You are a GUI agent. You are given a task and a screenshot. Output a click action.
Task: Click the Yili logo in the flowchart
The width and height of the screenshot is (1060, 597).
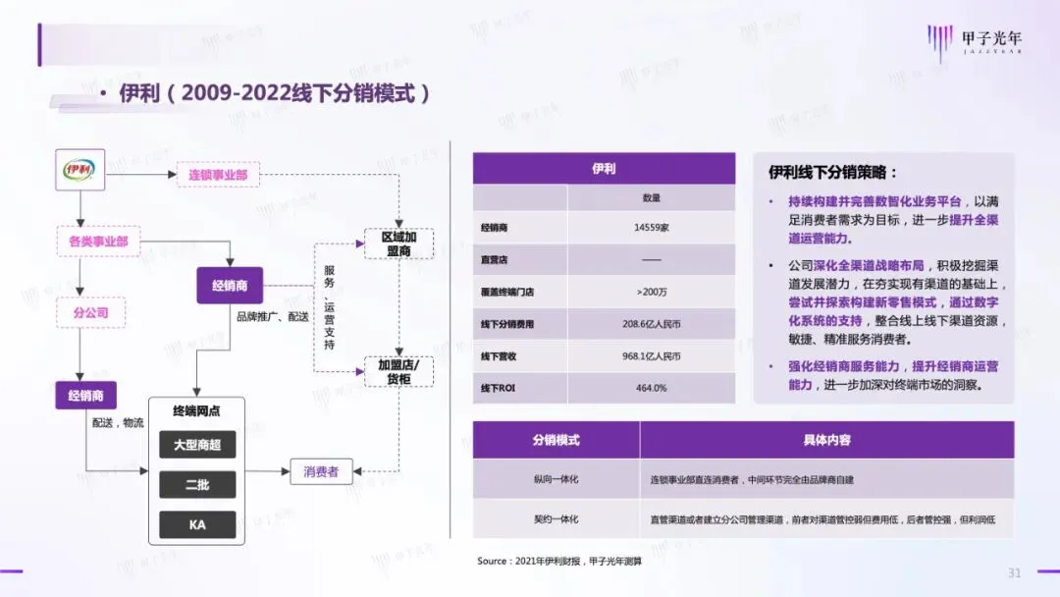pyautogui.click(x=80, y=169)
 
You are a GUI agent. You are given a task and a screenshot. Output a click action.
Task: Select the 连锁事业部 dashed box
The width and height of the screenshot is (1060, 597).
pyautogui.click(x=217, y=175)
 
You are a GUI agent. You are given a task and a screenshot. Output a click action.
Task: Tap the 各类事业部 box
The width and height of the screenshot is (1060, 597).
pyautogui.click(x=98, y=240)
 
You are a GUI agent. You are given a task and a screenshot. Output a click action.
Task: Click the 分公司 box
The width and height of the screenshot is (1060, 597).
pyautogui.click(x=90, y=312)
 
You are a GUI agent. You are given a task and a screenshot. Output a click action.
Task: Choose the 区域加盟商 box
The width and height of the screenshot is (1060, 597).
pyautogui.click(x=398, y=244)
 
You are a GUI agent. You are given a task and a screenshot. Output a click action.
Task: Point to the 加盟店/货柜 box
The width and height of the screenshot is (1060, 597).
pyautogui.click(x=398, y=370)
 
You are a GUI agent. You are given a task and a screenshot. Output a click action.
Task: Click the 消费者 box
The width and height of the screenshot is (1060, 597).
pyautogui.click(x=320, y=472)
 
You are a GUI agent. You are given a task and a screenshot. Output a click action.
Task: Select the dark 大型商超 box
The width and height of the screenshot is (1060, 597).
pyautogui.click(x=197, y=445)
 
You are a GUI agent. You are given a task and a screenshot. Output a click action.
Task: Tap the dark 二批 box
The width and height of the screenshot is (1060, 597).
pyautogui.click(x=197, y=485)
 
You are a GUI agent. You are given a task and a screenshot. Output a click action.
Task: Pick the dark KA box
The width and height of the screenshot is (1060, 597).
pyautogui.click(x=197, y=524)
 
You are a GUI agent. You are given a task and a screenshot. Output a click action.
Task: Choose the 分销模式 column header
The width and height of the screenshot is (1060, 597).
pyautogui.click(x=556, y=440)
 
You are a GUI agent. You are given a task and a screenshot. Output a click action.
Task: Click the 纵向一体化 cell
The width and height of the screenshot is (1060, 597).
pyautogui.click(x=556, y=479)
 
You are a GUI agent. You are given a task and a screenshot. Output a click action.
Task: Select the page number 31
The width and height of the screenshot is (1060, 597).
pyautogui.click(x=1015, y=572)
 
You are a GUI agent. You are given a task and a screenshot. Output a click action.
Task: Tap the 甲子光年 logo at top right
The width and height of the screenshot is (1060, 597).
pyautogui.click(x=977, y=42)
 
